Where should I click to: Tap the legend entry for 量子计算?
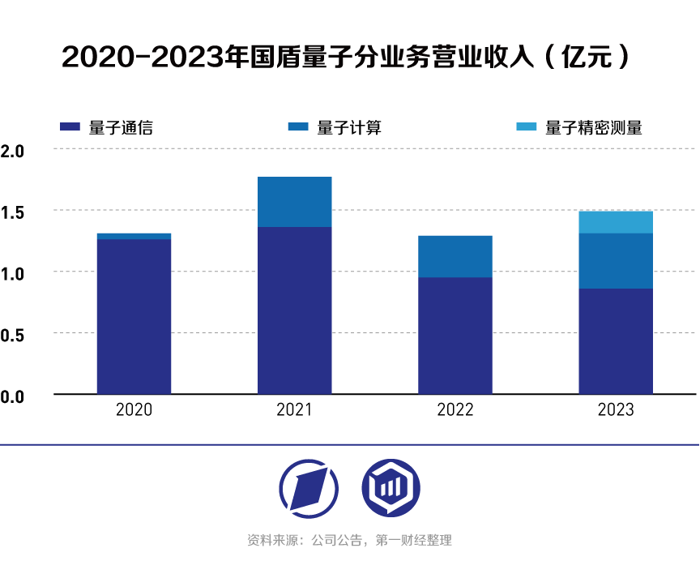(x=335, y=127)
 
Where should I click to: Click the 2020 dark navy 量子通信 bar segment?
(x=134, y=316)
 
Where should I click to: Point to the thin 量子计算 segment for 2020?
(x=134, y=236)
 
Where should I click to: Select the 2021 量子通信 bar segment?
(x=294, y=310)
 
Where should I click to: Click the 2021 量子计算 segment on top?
(x=294, y=202)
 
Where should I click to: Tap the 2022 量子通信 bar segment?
(x=455, y=336)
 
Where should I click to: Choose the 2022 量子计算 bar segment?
(x=455, y=256)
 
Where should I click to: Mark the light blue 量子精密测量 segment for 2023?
(x=616, y=222)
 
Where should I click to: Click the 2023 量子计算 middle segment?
(x=616, y=261)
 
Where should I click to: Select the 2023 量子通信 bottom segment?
(x=616, y=341)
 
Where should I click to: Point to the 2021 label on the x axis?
(x=294, y=410)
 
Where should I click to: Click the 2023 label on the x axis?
(x=616, y=410)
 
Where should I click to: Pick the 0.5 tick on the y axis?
(x=13, y=334)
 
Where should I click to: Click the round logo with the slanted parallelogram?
(x=309, y=488)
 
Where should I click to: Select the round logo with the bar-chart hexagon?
(x=391, y=488)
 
